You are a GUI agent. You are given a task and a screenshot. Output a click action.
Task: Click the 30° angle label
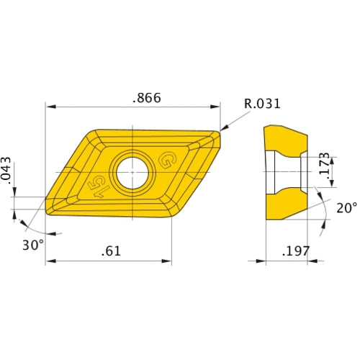tap(32, 245)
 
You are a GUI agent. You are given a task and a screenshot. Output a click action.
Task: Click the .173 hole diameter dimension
tap(325, 166)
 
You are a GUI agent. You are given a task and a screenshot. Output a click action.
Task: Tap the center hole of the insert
tap(132, 172)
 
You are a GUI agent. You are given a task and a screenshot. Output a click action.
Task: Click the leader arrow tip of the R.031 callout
tap(222, 130)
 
